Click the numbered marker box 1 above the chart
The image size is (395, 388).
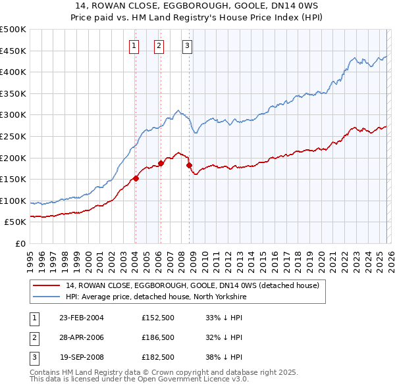click(x=134, y=45)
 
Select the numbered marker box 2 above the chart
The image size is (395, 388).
click(x=159, y=45)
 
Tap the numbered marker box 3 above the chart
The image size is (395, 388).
click(x=187, y=45)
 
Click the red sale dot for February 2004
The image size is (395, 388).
click(x=136, y=178)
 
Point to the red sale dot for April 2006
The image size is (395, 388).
click(x=161, y=163)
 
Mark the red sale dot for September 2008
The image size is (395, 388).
click(x=189, y=165)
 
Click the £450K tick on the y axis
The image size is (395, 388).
click(x=13, y=51)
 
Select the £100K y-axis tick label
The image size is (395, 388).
click(x=13, y=201)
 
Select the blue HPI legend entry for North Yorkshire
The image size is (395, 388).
click(x=155, y=297)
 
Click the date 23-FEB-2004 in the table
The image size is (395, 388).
click(x=81, y=318)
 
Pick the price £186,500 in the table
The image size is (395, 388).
click(x=158, y=337)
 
